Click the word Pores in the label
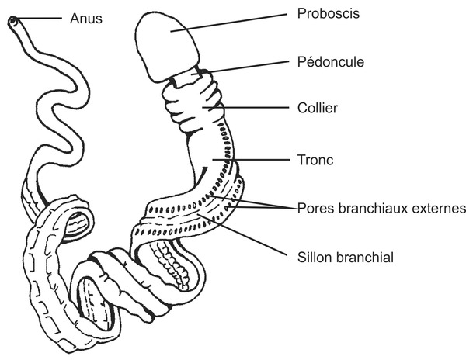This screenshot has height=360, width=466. [x=314, y=209]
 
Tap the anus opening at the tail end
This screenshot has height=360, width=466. [x=13, y=23]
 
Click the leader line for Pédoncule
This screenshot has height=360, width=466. [x=249, y=65]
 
